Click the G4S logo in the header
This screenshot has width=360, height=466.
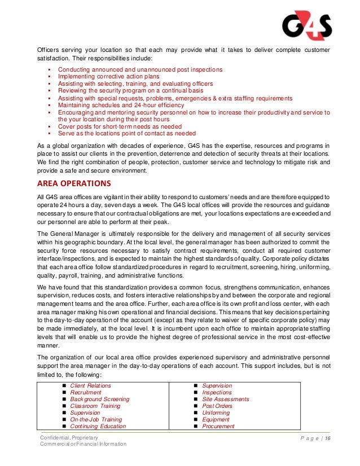click(x=307, y=24)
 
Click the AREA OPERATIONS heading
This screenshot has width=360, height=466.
click(x=74, y=183)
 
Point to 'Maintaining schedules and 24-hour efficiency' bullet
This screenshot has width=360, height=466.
click(x=121, y=105)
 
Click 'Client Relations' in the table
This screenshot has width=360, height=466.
click(x=90, y=386)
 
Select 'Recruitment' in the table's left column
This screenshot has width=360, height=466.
click(x=86, y=393)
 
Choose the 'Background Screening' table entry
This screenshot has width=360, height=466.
click(x=99, y=399)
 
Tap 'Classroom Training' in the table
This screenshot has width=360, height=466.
click(x=95, y=406)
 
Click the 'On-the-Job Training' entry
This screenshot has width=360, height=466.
click(x=96, y=420)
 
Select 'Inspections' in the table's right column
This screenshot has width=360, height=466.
click(x=217, y=393)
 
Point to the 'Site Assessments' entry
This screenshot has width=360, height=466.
click(x=225, y=399)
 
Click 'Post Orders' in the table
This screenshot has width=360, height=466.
click(x=218, y=406)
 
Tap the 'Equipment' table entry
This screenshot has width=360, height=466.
click(x=216, y=420)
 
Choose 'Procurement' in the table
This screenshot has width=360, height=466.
click(x=218, y=427)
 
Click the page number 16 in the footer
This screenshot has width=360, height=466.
click(x=327, y=438)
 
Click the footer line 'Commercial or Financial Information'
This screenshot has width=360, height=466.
click(x=83, y=445)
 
